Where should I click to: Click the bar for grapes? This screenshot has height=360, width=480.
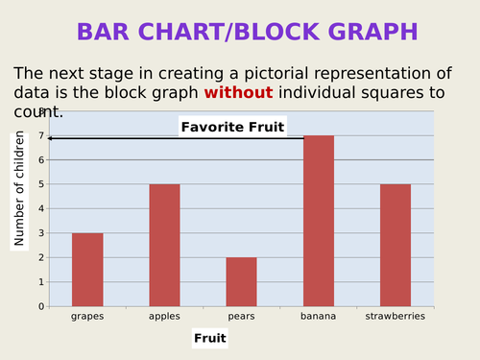(87, 270)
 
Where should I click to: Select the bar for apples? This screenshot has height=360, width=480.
(164, 245)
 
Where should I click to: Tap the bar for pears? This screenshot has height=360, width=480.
(241, 281)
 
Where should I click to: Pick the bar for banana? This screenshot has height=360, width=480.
(319, 221)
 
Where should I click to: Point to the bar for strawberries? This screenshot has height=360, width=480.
(396, 245)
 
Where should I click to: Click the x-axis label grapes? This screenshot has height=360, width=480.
(87, 315)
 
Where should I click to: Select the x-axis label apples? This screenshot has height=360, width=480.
(164, 315)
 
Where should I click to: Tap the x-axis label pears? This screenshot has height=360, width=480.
(241, 315)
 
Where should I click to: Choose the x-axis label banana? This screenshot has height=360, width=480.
(319, 315)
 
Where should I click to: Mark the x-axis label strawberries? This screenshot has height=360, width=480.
(396, 315)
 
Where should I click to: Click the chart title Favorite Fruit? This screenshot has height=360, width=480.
(232, 127)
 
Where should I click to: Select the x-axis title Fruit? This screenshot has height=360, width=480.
(210, 338)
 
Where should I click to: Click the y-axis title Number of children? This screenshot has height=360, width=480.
(19, 190)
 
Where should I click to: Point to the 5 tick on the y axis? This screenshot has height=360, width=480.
(41, 184)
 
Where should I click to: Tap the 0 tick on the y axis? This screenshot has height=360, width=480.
(41, 306)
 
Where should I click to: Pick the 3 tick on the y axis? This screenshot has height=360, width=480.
(41, 233)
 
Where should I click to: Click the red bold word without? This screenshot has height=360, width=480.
(238, 92)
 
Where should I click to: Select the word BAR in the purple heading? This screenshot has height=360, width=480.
(108, 32)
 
